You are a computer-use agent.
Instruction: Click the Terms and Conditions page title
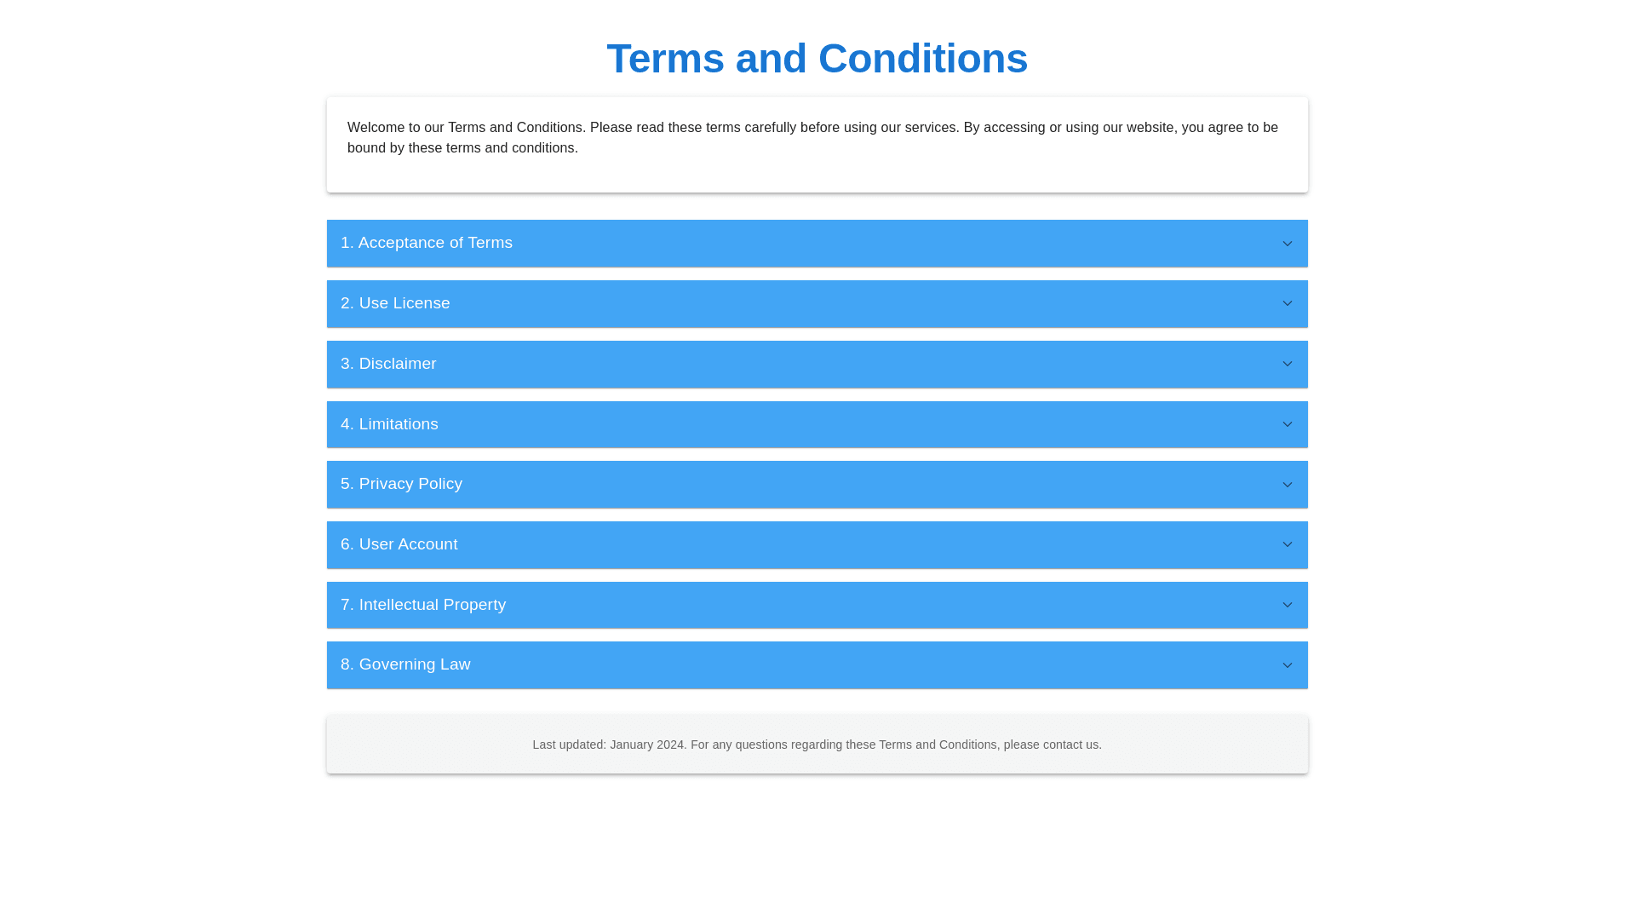coord(817,59)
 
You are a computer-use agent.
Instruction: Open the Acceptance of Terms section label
coord(427,243)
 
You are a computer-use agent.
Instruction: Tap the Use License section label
coord(395,303)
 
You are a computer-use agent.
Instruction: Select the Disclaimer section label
coord(388,364)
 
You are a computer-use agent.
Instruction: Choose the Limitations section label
coord(389,424)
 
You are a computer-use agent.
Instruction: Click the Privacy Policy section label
coord(401,484)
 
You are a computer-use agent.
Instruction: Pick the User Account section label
coord(399,544)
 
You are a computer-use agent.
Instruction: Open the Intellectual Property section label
coord(423,605)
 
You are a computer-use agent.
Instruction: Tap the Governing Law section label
coord(405,664)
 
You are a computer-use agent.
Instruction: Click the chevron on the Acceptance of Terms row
coord(1288,244)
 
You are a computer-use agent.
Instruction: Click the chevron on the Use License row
coord(1288,303)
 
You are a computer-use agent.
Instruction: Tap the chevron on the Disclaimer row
coord(1288,364)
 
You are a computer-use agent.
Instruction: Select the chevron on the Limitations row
coord(1288,424)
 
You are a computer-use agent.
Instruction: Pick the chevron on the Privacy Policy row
coord(1288,485)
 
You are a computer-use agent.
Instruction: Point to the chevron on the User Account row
coord(1288,544)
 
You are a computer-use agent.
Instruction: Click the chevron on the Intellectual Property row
coord(1288,605)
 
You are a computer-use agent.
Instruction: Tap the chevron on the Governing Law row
coord(1288,665)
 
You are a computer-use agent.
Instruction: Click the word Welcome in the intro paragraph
coord(376,128)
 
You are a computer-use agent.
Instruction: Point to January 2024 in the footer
coord(647,745)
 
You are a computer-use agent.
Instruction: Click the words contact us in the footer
coord(1070,745)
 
